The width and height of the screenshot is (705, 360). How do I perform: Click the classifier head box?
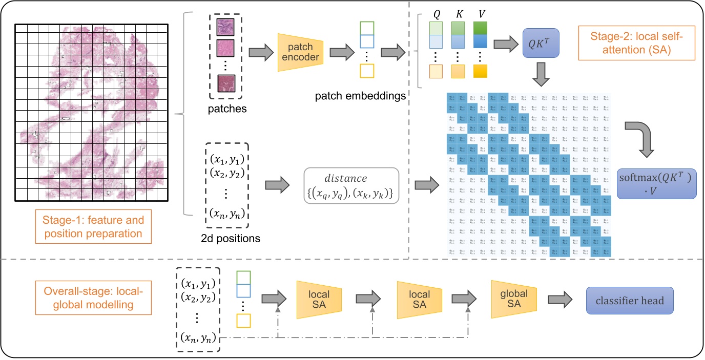630,300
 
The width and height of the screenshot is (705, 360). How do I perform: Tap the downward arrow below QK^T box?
541,75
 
